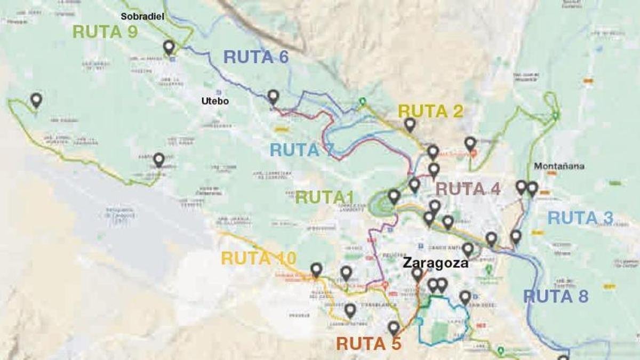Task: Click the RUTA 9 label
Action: [x=105, y=31]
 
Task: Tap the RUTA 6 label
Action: [x=256, y=57]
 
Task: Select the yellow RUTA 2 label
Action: [x=430, y=111]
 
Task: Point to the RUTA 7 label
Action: [x=302, y=150]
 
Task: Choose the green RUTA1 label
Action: [x=329, y=197]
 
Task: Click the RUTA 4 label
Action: [x=468, y=189]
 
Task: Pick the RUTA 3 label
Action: [x=580, y=218]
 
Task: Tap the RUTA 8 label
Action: [x=556, y=296]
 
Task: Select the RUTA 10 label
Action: [x=259, y=258]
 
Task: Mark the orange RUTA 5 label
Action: [x=369, y=344]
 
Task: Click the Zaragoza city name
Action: [x=435, y=263]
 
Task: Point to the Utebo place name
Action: [x=215, y=101]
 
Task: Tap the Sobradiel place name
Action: [x=142, y=17]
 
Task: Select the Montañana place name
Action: [x=559, y=166]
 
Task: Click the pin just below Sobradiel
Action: [x=169, y=47]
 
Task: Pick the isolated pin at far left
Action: [x=36, y=99]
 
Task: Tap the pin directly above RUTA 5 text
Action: [x=394, y=327]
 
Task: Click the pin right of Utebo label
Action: [x=273, y=96]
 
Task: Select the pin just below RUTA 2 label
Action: [x=410, y=124]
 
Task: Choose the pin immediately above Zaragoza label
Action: [x=467, y=249]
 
